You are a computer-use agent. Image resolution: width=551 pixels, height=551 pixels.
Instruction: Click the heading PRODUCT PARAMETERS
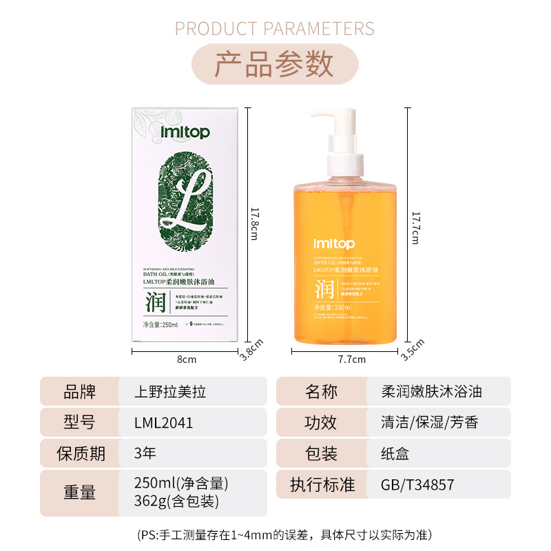click(x=275, y=28)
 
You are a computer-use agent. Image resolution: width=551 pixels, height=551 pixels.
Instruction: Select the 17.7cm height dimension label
click(x=415, y=227)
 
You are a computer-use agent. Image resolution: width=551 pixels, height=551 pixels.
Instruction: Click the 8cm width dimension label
click(x=187, y=359)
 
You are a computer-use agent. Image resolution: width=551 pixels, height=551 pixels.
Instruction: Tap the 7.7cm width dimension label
click(x=353, y=359)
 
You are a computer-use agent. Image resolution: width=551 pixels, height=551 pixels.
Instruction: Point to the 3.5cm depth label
click(x=412, y=349)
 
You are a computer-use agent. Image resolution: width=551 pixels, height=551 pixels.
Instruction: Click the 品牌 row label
click(x=79, y=391)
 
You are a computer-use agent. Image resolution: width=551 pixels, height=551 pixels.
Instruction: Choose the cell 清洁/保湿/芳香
click(x=429, y=422)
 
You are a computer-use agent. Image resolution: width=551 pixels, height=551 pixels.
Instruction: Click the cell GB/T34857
click(x=417, y=484)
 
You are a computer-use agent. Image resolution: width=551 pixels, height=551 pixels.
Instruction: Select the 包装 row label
click(x=321, y=453)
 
